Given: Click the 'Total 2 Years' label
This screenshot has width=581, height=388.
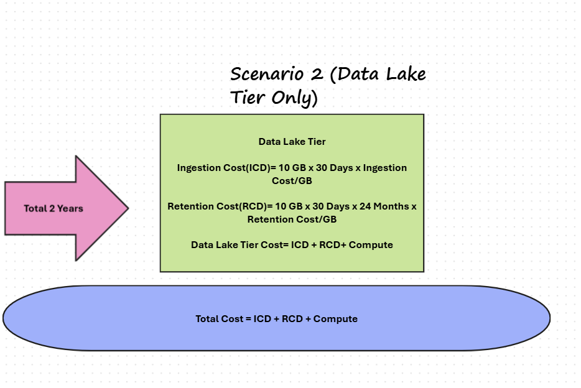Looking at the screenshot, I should pyautogui.click(x=53, y=208).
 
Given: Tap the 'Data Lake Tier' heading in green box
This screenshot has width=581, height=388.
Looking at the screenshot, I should pyautogui.click(x=292, y=142).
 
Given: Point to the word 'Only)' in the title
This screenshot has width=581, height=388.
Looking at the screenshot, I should pyautogui.click(x=296, y=98).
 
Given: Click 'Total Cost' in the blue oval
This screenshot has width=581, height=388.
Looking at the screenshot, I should pyautogui.click(x=218, y=319).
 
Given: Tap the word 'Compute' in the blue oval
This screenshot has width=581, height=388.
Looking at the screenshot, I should pyautogui.click(x=335, y=319).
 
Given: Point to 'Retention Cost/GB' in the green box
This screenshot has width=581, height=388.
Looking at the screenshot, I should pyautogui.click(x=292, y=219).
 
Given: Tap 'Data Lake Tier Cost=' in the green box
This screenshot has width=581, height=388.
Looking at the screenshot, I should pyautogui.click(x=237, y=245).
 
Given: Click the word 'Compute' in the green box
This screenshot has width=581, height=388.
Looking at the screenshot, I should pyautogui.click(x=371, y=245).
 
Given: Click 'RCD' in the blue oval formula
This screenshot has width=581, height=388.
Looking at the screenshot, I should pyautogui.click(x=292, y=319).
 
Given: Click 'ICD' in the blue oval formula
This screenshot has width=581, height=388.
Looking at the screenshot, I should pyautogui.click(x=262, y=319).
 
